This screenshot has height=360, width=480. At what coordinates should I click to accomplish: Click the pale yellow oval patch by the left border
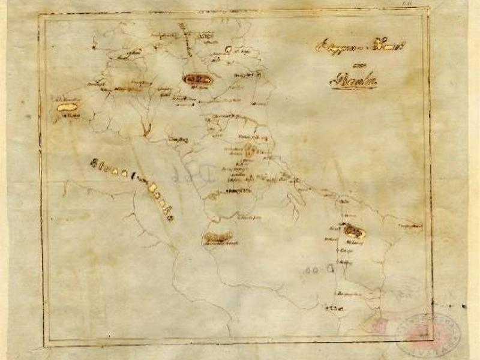pos(67,107)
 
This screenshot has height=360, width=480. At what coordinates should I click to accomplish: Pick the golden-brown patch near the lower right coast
pos(355,230)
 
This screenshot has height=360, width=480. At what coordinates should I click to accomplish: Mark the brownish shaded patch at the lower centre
pos(217,238)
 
